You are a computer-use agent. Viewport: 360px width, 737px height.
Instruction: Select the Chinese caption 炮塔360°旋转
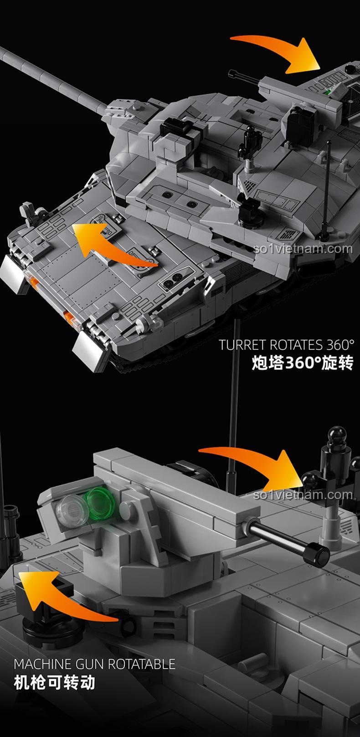click(302, 363)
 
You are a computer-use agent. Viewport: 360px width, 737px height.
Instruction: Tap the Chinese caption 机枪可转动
click(55, 683)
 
